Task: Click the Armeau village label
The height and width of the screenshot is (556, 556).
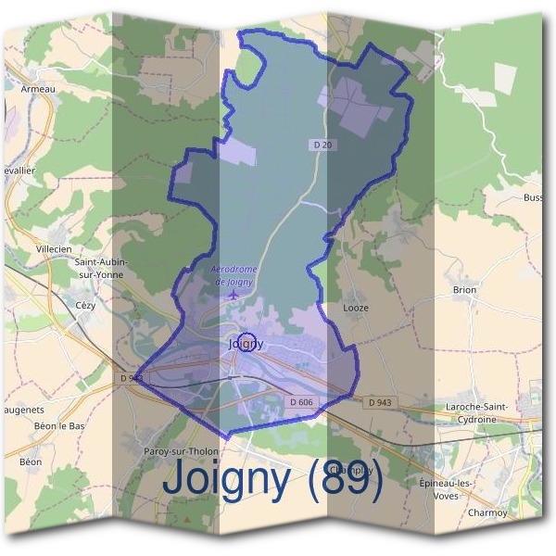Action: pyautogui.click(x=38, y=90)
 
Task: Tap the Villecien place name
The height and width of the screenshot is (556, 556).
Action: pyautogui.click(x=53, y=249)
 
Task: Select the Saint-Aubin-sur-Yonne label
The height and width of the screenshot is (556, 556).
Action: pyautogui.click(x=101, y=268)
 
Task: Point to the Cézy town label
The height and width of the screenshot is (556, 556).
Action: pyautogui.click(x=85, y=304)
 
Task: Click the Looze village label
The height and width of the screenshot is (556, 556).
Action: pyautogui.click(x=356, y=308)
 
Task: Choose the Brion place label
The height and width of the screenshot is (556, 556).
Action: pyautogui.click(x=464, y=290)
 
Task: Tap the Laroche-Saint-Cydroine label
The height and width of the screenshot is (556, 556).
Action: pyautogui.click(x=481, y=412)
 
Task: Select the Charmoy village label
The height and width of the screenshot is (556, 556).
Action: pyautogui.click(x=487, y=512)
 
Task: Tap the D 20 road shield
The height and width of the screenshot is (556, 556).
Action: pyautogui.click(x=320, y=146)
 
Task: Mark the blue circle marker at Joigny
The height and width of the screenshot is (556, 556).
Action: pyautogui.click(x=246, y=342)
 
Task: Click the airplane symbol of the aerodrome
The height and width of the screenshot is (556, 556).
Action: pyautogui.click(x=233, y=295)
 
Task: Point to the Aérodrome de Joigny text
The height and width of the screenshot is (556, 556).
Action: pyautogui.click(x=234, y=274)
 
